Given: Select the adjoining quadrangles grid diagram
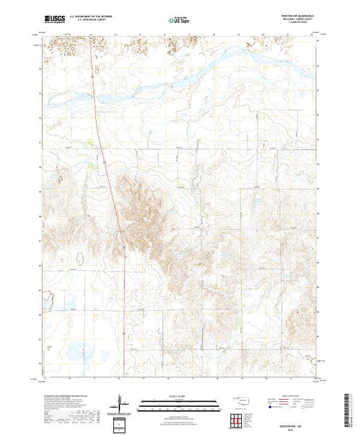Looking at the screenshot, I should click(x=239, y=420).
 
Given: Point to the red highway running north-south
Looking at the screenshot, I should click(x=107, y=173).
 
